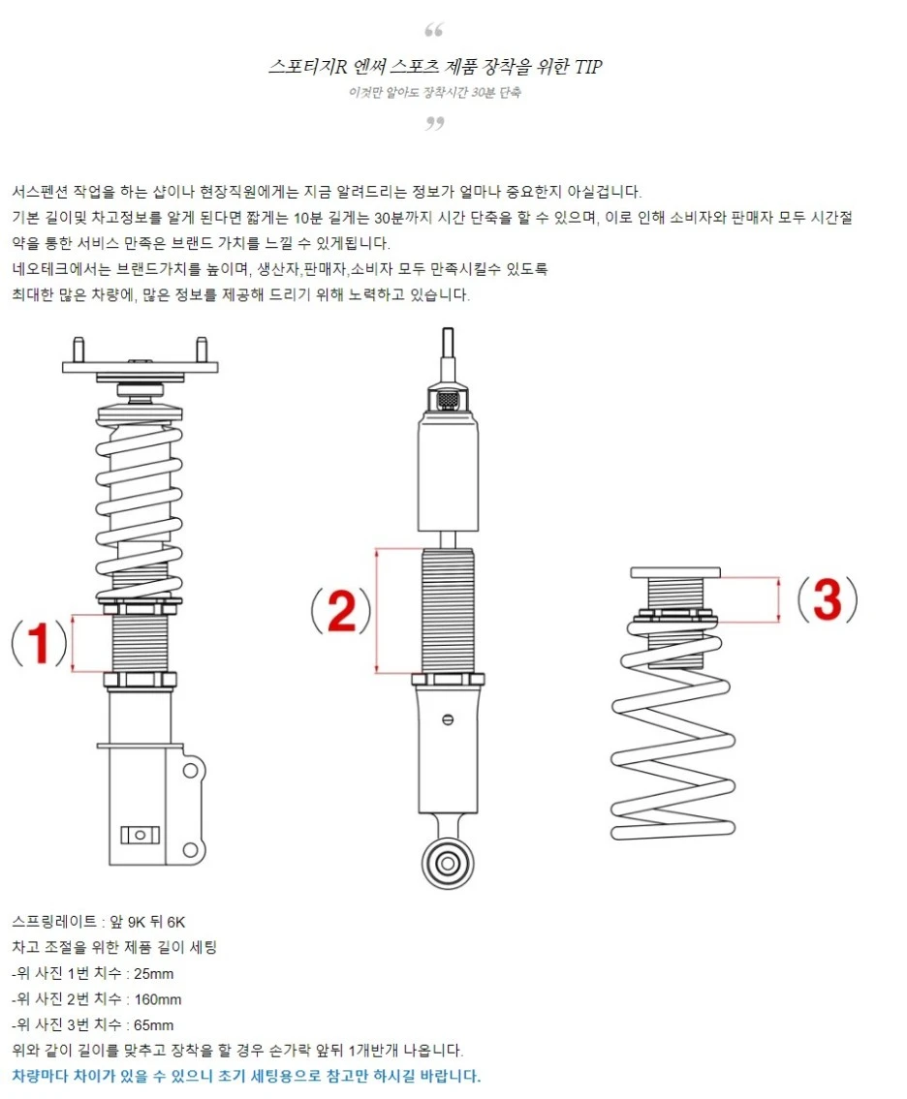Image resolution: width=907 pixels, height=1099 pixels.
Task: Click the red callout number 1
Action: click(39, 644)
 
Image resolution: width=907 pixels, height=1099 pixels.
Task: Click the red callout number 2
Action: click(340, 611)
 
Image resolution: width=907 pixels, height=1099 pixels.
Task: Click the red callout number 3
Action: click(827, 600)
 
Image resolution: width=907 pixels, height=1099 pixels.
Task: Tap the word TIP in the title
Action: click(588, 67)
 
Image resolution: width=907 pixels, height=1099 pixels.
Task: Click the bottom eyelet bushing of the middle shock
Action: click(448, 860)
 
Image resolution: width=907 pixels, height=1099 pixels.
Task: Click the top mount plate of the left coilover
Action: click(140, 367)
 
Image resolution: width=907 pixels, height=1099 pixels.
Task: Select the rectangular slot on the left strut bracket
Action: click(138, 834)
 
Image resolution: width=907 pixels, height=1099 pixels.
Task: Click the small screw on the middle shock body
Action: click(447, 718)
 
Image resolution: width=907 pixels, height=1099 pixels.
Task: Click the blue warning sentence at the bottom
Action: click(246, 1076)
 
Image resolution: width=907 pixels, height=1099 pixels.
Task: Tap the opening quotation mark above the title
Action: click(435, 30)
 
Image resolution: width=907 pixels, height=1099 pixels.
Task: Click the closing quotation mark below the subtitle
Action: click(435, 123)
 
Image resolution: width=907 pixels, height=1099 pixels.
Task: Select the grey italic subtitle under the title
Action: click(435, 93)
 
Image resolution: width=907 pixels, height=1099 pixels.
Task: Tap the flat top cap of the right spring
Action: click(674, 572)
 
